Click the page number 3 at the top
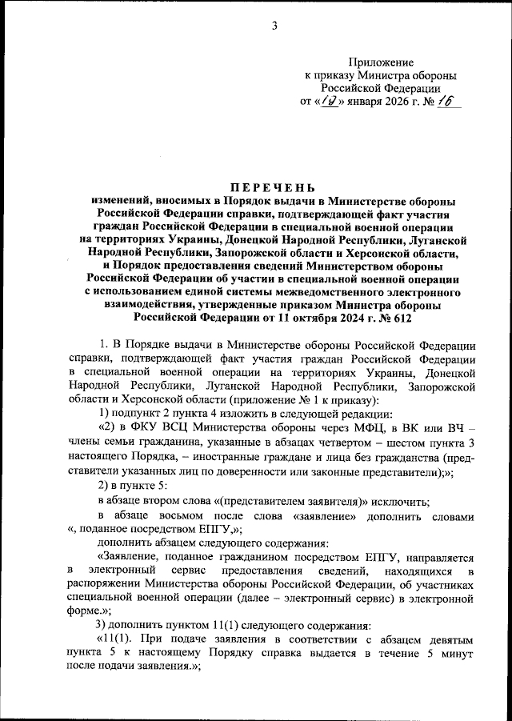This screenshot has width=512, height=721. (274, 25)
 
